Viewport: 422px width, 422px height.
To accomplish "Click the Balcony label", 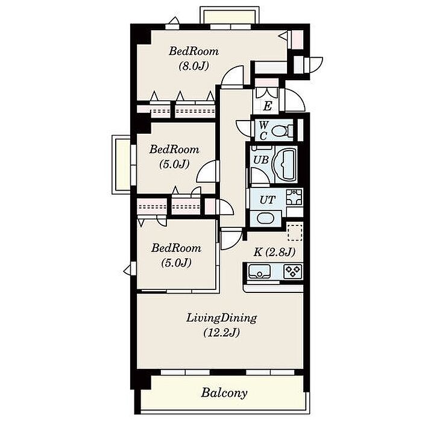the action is pos(224,393).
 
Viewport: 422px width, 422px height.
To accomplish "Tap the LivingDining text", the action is pos(221,318).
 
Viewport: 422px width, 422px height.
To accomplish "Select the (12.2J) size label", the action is pos(221,333).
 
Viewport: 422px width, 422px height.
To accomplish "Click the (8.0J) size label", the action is pos(194,66).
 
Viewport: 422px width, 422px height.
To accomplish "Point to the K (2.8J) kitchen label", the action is pos(274,252).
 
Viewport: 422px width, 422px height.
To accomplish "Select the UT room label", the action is pos(267,200).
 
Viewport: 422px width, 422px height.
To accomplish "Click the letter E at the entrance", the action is pos(267,106).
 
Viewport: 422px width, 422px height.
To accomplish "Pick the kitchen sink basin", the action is pos(259,271).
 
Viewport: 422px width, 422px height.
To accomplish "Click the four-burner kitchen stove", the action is pos(293,271).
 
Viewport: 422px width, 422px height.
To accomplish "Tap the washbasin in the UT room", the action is pos(265,218).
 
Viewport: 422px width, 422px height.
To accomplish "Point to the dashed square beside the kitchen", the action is pos(295,232).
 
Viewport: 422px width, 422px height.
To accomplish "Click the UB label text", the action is pos(261,160).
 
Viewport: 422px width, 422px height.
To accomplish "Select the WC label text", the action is pos(263,131).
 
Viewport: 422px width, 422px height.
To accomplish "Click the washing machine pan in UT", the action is pos(294,197).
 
